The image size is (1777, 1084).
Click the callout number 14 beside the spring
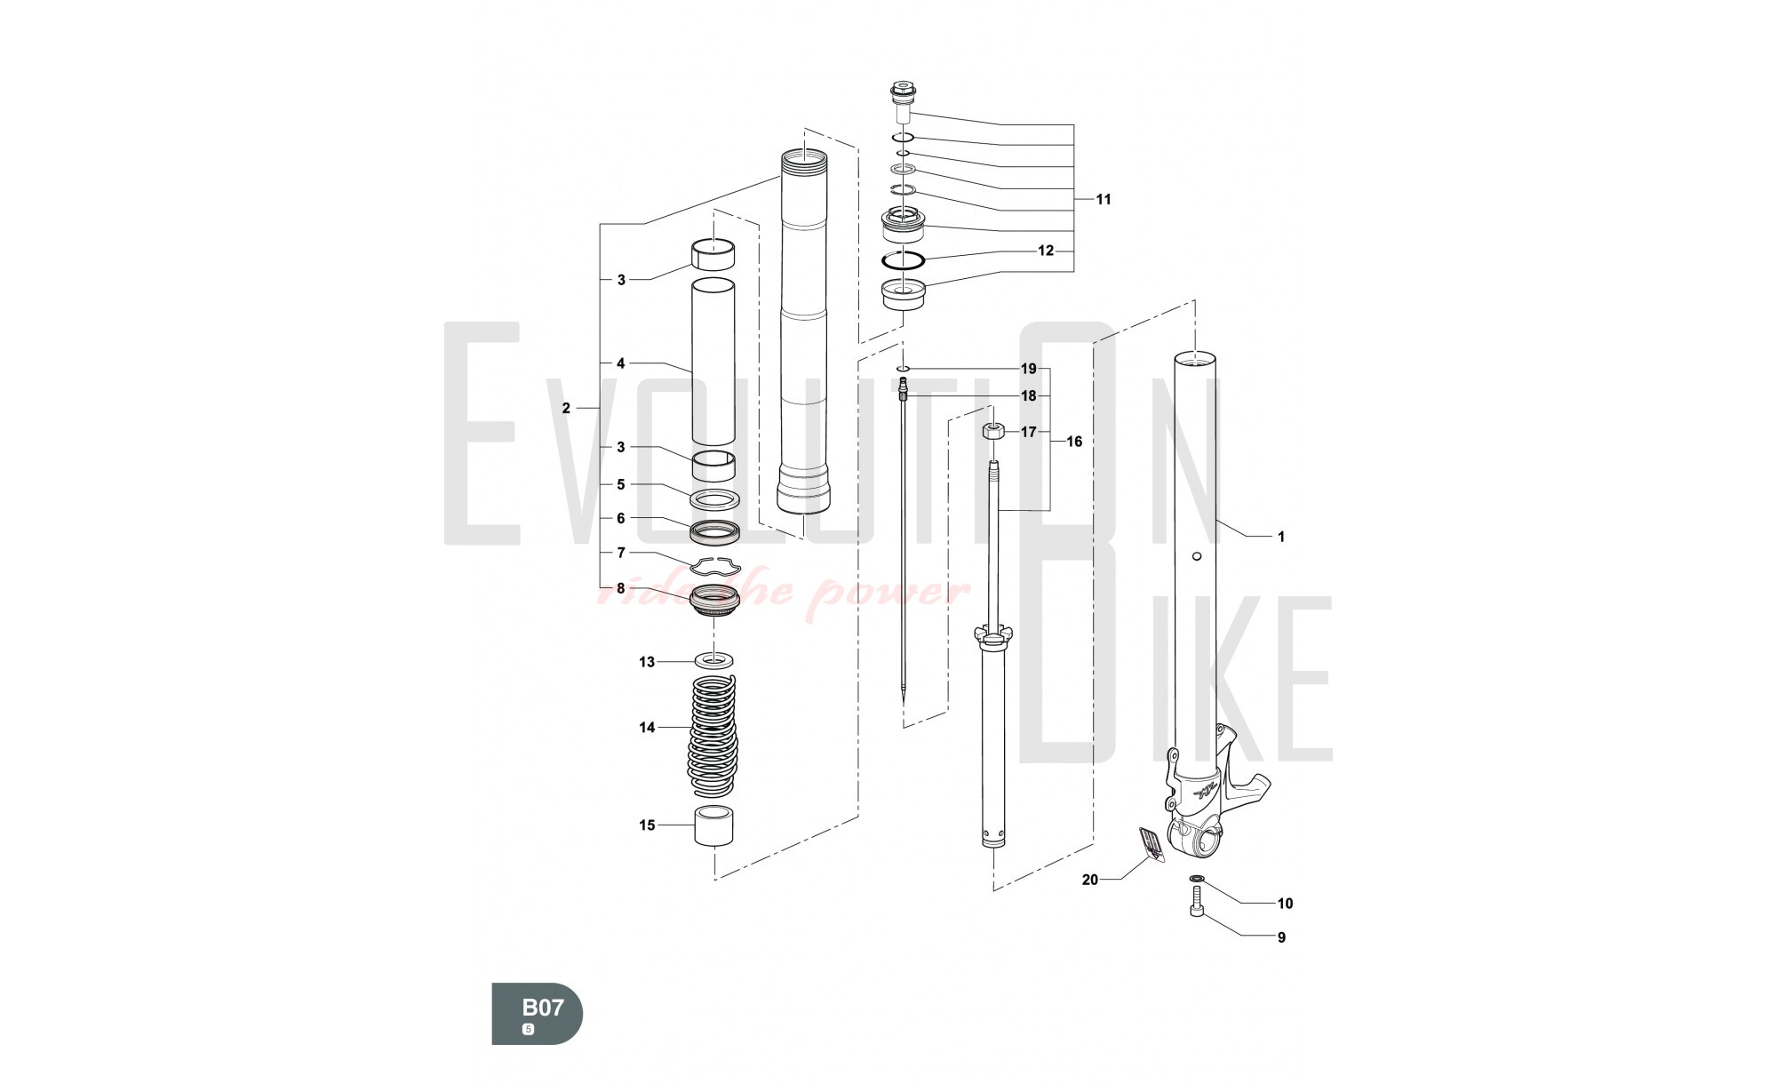tap(647, 728)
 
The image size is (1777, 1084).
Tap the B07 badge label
tap(542, 1008)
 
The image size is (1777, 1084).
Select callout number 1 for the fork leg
tap(1280, 537)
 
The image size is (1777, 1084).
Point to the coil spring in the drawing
tap(713, 736)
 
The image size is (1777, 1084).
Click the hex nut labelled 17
tap(992, 432)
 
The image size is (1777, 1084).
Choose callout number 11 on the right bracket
tap(1103, 199)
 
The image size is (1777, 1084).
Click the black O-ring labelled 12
tap(904, 259)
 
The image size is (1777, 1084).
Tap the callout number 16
tap(1074, 442)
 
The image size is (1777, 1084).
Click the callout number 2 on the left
tap(566, 409)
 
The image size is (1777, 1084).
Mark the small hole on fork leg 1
tap(1196, 556)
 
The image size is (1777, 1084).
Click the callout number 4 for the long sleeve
tap(621, 363)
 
